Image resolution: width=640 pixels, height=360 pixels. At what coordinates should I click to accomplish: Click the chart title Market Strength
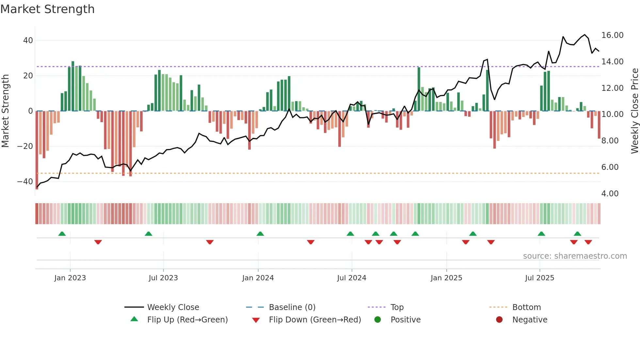pyautogui.click(x=47, y=9)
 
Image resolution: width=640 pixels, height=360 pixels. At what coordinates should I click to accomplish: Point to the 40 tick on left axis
pyautogui.click(x=28, y=41)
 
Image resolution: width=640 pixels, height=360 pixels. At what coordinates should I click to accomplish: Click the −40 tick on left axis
pyautogui.click(x=25, y=181)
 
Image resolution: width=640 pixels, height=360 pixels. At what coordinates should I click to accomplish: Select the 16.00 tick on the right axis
pyautogui.click(x=612, y=35)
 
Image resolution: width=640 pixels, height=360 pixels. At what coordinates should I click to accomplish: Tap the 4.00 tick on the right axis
pyautogui.click(x=610, y=193)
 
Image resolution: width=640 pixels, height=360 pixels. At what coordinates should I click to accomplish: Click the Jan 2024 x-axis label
pyautogui.click(x=258, y=278)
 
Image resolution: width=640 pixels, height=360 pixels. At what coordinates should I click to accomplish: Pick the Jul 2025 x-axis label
pyautogui.click(x=539, y=278)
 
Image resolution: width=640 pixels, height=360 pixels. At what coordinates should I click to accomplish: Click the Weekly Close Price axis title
pyautogui.click(x=634, y=111)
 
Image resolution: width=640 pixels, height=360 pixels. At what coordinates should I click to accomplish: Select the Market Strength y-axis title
pyautogui.click(x=5, y=111)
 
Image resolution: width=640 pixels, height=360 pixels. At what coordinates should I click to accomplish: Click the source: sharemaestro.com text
pyautogui.click(x=575, y=256)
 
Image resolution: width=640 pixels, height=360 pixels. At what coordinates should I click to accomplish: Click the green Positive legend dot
pyautogui.click(x=378, y=319)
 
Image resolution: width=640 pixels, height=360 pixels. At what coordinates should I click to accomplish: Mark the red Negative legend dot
pyautogui.click(x=499, y=319)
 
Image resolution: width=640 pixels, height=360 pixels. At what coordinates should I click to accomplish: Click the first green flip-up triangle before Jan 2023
pyautogui.click(x=62, y=234)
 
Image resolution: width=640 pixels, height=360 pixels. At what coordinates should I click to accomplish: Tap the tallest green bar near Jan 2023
pyautogui.click(x=73, y=86)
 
